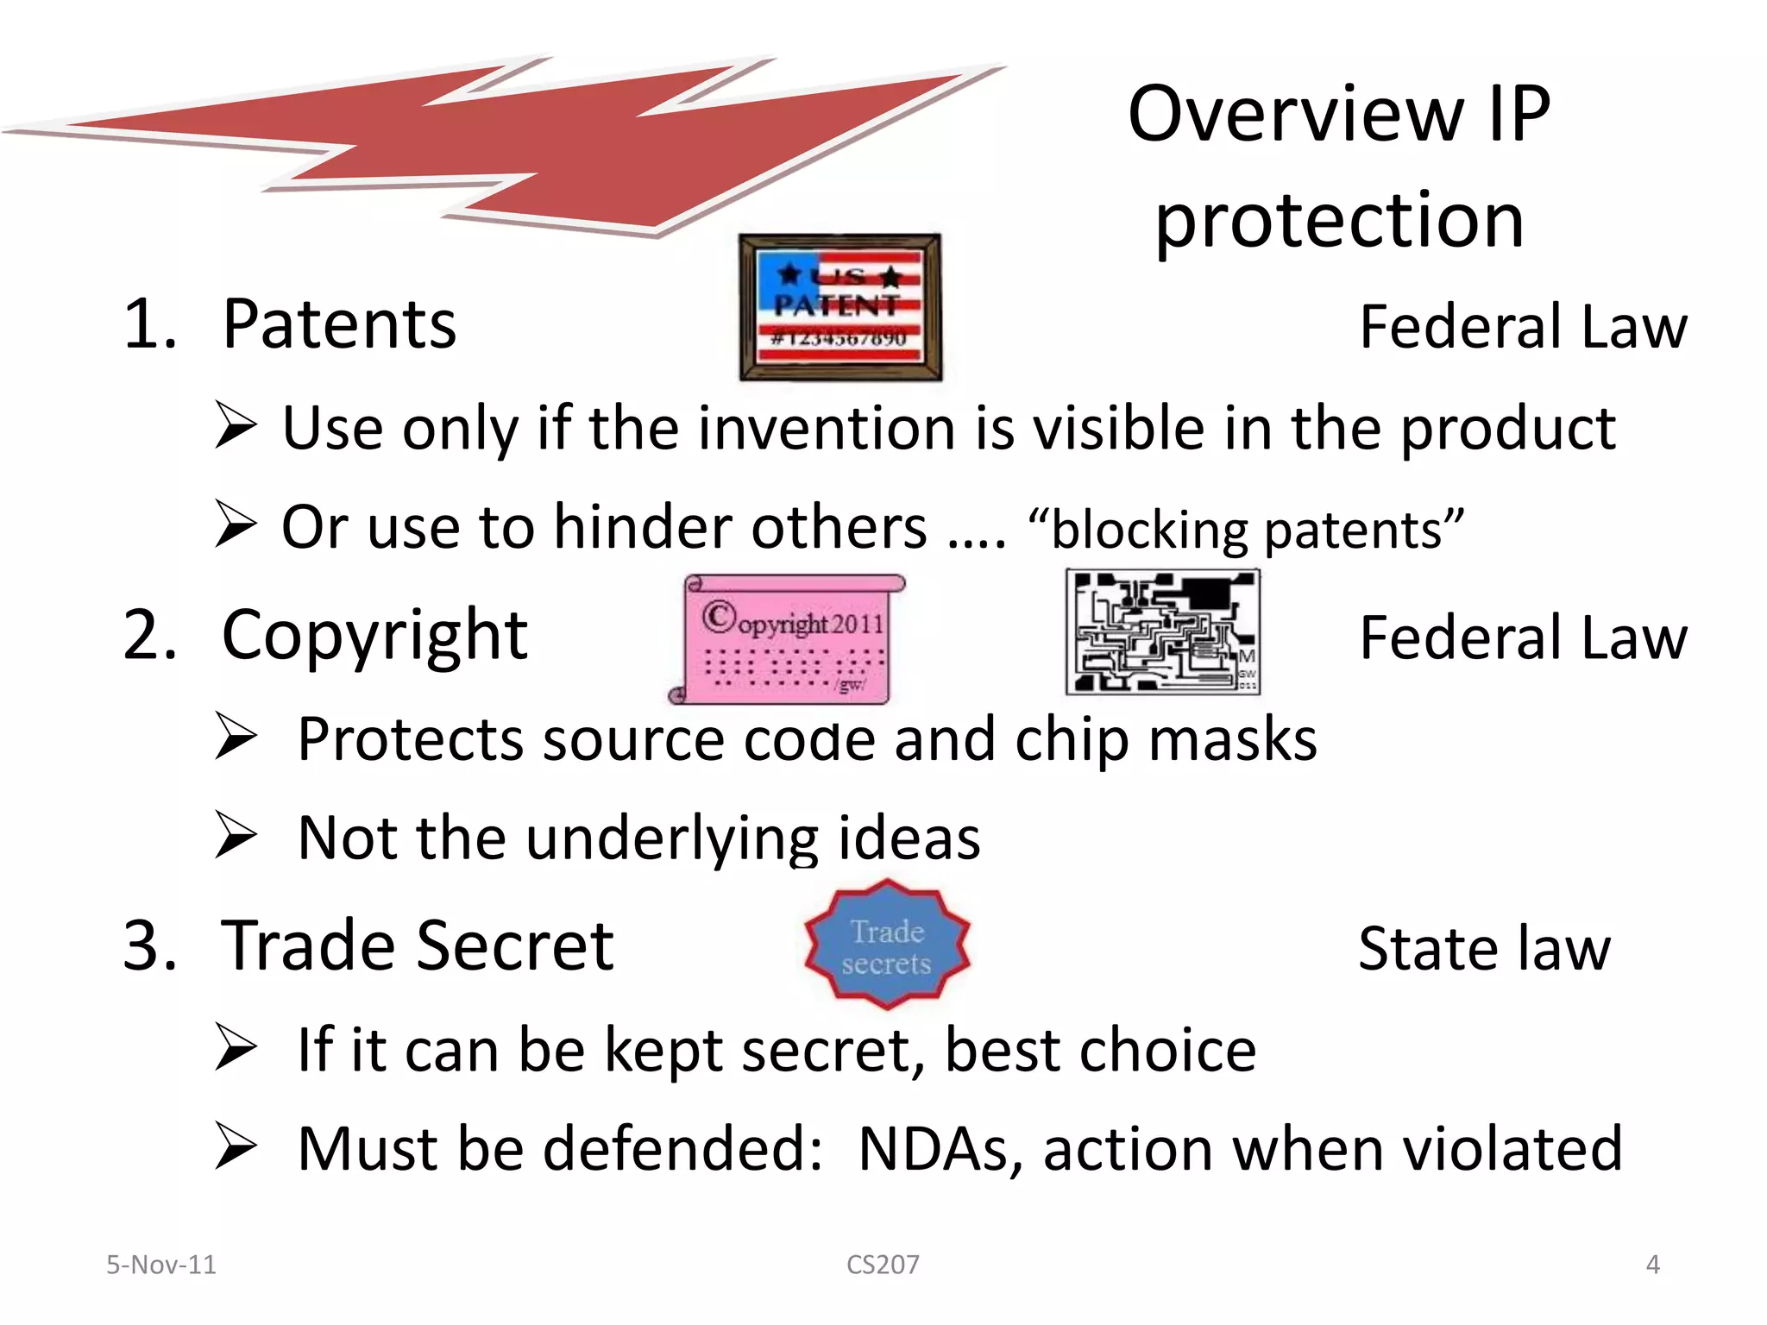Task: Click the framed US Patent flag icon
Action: pos(839,307)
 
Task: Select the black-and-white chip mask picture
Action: pos(1162,632)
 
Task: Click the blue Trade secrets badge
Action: pos(887,945)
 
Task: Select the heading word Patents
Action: pos(339,324)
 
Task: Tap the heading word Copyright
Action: pos(374,637)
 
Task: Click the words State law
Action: pos(1483,949)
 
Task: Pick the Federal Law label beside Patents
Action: pos(1522,327)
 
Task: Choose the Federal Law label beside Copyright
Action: pos(1522,638)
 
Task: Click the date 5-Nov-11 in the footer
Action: pos(161,1265)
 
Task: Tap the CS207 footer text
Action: pos(883,1265)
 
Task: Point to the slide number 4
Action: pos(1652,1265)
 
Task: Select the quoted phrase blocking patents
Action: pos(1246,529)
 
